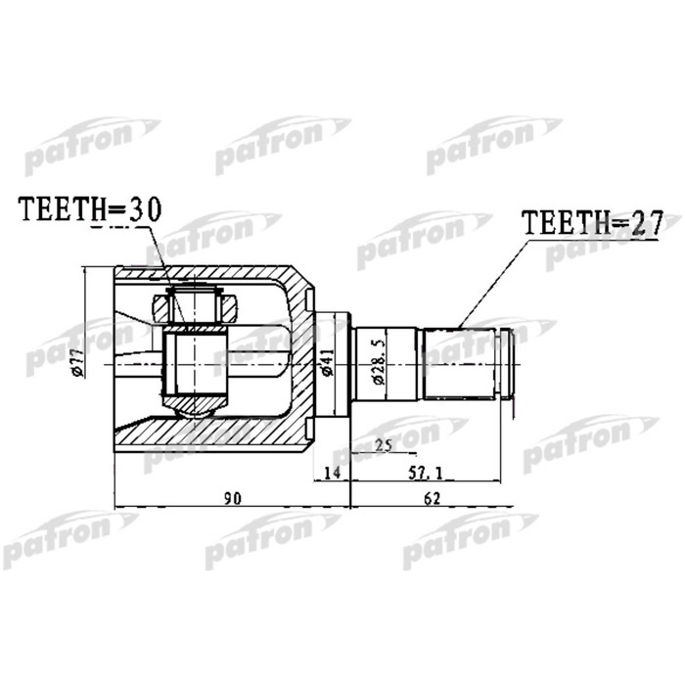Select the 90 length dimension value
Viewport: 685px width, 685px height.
tap(233, 498)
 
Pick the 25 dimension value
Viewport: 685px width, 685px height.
tap(383, 446)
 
